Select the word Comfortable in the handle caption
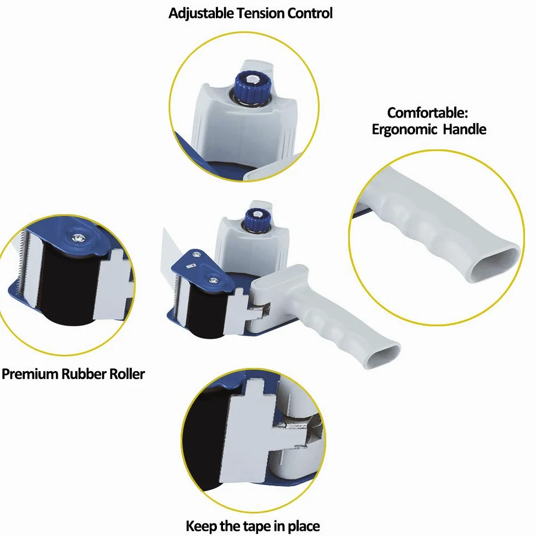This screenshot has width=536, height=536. point(427,113)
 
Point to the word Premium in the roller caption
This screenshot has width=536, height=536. point(30,373)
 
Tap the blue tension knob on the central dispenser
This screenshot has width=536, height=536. point(258,220)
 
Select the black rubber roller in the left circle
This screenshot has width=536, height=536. point(68,284)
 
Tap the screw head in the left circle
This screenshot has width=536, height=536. point(79,238)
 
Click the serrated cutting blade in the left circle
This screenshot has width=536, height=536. point(24,263)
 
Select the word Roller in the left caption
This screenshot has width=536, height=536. point(127,373)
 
